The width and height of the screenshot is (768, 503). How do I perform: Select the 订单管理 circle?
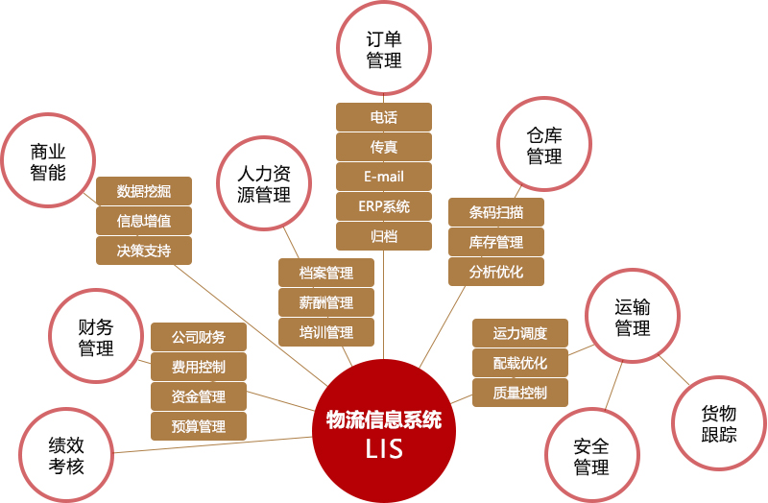[x=384, y=49]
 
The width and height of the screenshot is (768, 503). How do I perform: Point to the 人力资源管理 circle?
[x=264, y=185]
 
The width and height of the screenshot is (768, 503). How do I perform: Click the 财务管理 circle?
[x=96, y=336]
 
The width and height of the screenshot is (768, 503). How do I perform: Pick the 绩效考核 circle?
[x=66, y=454]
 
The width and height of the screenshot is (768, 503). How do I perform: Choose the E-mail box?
[x=384, y=177]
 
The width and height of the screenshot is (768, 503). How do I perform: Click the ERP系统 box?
[x=384, y=206]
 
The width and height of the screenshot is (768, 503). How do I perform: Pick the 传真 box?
[x=384, y=147]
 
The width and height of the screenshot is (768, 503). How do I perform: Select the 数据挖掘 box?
[x=144, y=191]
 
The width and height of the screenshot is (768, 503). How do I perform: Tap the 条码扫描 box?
[x=496, y=212]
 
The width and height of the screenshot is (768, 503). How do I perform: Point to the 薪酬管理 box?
[x=326, y=302]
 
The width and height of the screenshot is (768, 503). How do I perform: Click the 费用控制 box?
[x=199, y=367]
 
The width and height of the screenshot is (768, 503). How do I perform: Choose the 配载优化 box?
[x=520, y=363]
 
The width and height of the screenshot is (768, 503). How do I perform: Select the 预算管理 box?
[x=199, y=425]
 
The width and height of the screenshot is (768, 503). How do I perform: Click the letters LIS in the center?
[x=384, y=448]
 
